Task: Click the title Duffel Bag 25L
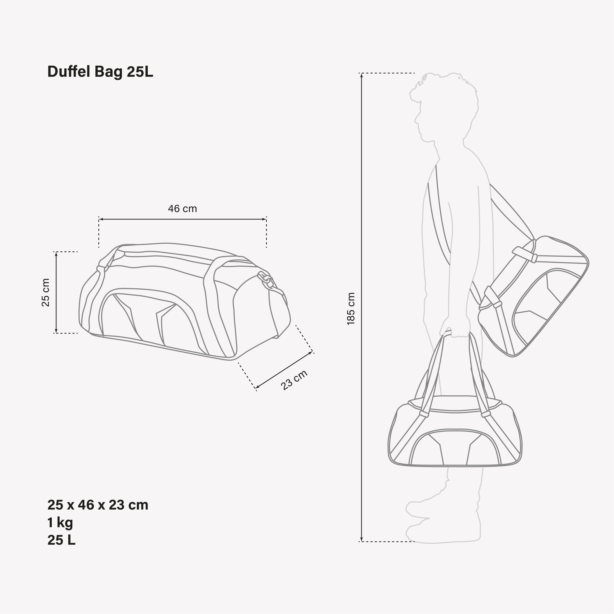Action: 100,72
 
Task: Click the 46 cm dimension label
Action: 182,209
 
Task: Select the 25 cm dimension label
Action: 46,292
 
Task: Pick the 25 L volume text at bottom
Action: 61,540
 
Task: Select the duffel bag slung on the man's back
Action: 534,296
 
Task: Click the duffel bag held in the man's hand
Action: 454,438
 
